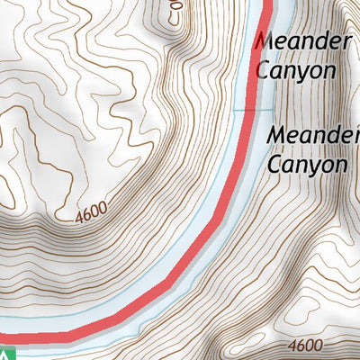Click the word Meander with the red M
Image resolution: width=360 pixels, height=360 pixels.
[302, 41]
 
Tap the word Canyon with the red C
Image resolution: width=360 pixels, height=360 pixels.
[296, 70]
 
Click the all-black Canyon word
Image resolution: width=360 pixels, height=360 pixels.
[307, 165]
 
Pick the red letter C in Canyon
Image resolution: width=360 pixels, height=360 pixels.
[263, 70]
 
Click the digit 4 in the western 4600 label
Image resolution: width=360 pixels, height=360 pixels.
[80, 217]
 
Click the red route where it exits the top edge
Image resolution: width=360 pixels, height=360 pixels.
[267, 4]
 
